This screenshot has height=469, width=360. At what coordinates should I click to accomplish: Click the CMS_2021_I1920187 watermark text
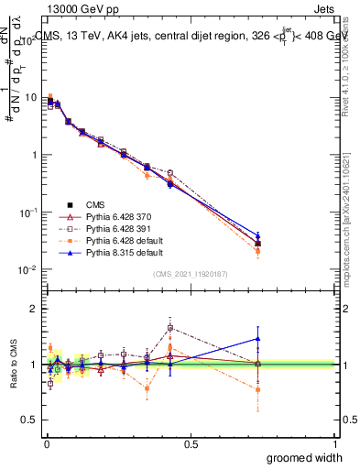[191, 274]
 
